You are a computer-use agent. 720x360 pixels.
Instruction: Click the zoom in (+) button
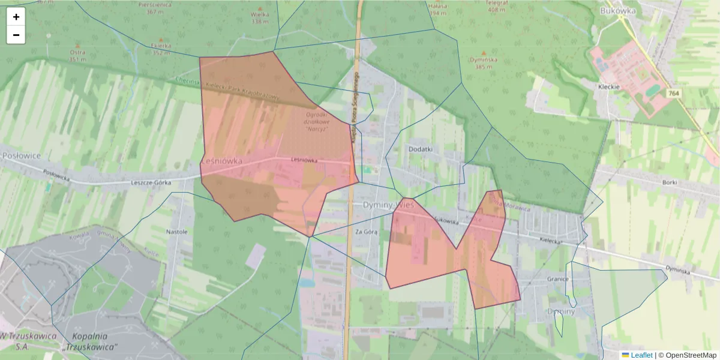[x=16, y=17]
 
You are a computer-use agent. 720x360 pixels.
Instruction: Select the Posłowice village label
[x=21, y=155]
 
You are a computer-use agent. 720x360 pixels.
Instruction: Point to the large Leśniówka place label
[x=221, y=161]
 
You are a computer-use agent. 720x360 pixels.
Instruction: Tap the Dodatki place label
[x=420, y=148]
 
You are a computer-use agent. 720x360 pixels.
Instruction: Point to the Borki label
[x=670, y=182]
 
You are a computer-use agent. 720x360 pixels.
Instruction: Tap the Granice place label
[x=557, y=279]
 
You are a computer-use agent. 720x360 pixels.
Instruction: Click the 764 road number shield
[x=674, y=93]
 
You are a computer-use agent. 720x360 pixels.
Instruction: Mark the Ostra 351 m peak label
[x=77, y=55]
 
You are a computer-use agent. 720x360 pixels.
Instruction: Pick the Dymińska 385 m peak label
[x=483, y=63]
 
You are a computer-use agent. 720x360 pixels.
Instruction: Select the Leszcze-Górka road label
[x=151, y=182]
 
